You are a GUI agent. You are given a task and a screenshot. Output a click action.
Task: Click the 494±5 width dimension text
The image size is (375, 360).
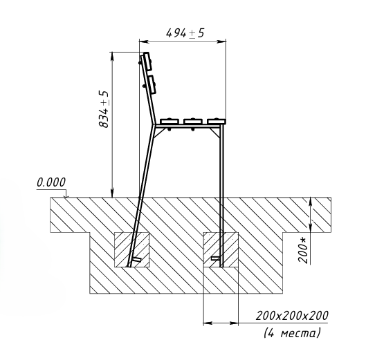(185, 33)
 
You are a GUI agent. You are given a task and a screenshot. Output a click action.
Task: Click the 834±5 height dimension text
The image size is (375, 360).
(104, 109)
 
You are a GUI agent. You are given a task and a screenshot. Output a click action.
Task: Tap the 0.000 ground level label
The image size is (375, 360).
(51, 182)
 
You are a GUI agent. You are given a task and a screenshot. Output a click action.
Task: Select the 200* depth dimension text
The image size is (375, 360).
(303, 250)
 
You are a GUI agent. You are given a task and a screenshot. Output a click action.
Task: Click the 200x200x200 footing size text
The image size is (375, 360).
(292, 316)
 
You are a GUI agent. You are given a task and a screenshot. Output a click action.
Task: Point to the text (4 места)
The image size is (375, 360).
(292, 332)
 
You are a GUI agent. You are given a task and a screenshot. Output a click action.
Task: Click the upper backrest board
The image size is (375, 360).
(147, 61)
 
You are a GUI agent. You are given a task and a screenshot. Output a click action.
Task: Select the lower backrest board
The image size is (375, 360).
(152, 84)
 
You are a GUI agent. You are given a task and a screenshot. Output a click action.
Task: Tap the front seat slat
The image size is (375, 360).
(217, 121)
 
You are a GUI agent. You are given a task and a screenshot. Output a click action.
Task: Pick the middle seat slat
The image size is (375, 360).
(193, 121)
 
